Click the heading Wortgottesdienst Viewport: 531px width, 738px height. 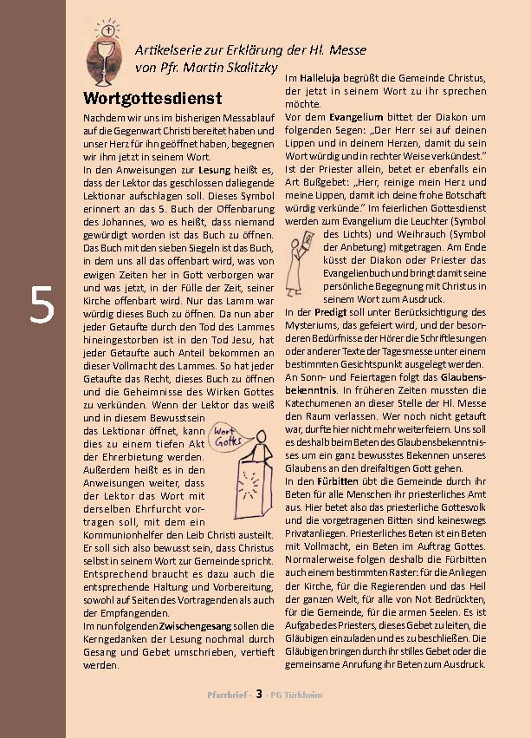point(152,95)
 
